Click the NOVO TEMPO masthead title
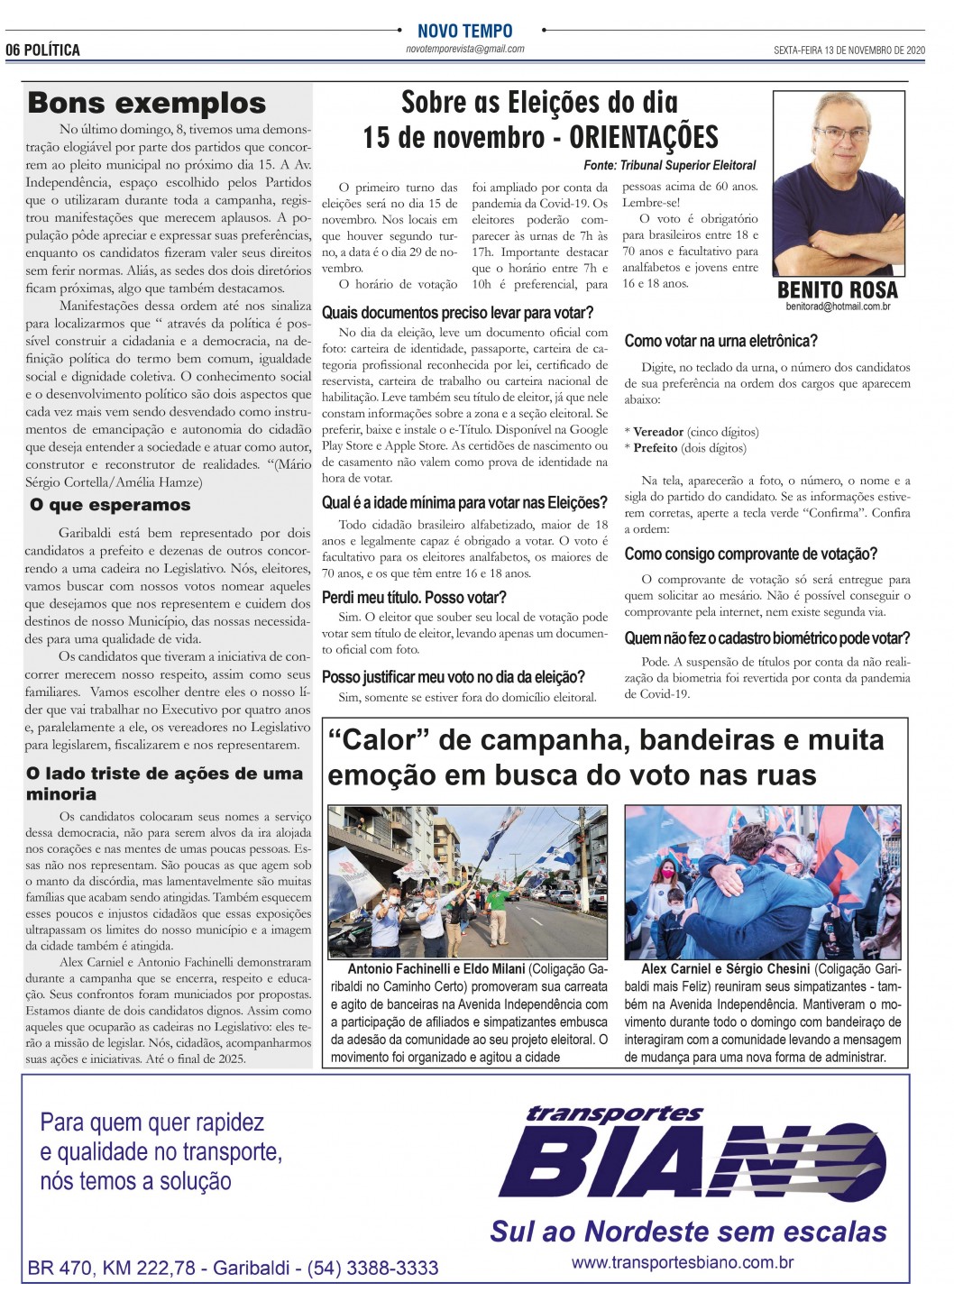464,31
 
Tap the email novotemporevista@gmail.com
464,49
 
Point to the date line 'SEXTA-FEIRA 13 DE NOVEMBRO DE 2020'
849,50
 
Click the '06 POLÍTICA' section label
43,50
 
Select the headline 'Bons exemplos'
147,104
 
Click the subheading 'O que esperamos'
110,505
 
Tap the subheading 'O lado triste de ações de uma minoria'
165,783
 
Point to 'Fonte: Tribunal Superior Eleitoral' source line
670,166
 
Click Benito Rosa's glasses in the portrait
840,134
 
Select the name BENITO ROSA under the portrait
837,289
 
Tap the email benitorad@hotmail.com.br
838,307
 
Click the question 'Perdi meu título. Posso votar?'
414,598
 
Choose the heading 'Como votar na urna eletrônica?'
720,341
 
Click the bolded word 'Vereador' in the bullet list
658,432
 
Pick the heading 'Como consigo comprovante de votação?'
750,554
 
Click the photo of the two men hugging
762,882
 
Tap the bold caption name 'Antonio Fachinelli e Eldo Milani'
436,969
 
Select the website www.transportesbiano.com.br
683,1262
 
